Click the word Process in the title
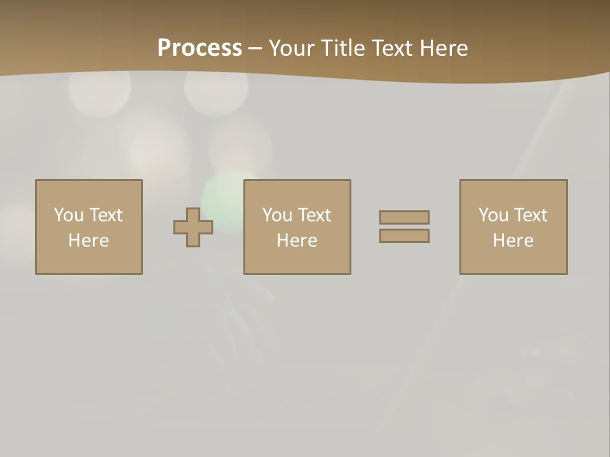(200, 48)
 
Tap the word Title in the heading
(344, 48)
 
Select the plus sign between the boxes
(193, 227)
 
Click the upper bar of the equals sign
(404, 217)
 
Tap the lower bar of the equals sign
(404, 236)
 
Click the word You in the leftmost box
(69, 215)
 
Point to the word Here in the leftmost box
(88, 241)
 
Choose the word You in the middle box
(277, 215)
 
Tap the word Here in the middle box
(297, 241)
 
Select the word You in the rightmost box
(493, 215)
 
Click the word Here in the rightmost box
(513, 241)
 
